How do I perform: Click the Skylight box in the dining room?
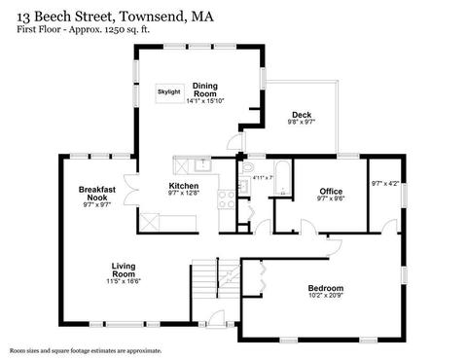click(170, 93)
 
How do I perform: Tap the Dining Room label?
click(205, 90)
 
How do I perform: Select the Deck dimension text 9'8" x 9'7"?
click(302, 122)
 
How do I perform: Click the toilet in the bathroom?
click(247, 167)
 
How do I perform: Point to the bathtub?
click(283, 178)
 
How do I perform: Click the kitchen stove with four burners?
click(227, 199)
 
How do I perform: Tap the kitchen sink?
click(202, 165)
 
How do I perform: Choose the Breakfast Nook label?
click(97, 194)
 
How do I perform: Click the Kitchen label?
click(184, 186)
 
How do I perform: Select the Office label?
click(331, 192)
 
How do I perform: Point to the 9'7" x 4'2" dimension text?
click(385, 184)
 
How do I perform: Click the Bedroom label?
click(326, 288)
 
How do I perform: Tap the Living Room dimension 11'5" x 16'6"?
click(124, 281)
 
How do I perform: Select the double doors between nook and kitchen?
click(131, 190)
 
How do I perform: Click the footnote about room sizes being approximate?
click(86, 350)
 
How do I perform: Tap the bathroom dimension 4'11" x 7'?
click(264, 177)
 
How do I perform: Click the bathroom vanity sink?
click(244, 186)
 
